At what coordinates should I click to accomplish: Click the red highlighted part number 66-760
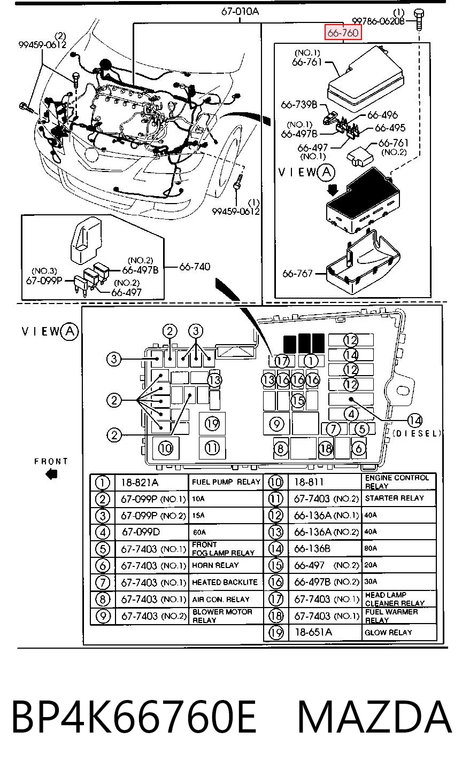pyautogui.click(x=343, y=33)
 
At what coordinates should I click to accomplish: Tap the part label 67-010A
pyautogui.click(x=240, y=12)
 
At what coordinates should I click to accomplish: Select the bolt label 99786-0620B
pyautogui.click(x=378, y=21)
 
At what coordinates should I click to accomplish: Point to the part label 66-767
pyautogui.click(x=297, y=274)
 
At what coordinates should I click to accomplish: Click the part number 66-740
pyautogui.click(x=195, y=267)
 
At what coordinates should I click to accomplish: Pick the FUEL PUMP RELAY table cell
pyautogui.click(x=226, y=482)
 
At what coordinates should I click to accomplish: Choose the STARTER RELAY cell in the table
pyautogui.click(x=394, y=498)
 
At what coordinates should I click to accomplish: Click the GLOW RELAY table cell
pyautogui.click(x=388, y=633)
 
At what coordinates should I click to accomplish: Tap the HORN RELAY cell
pyautogui.click(x=215, y=565)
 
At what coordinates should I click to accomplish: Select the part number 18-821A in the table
pyautogui.click(x=140, y=483)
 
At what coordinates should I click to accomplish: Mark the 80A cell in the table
pyautogui.click(x=371, y=548)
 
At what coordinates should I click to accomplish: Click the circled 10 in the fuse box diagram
pyautogui.click(x=165, y=448)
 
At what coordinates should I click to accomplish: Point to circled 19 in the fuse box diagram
pyautogui.click(x=212, y=423)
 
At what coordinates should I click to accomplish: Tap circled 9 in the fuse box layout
pyautogui.click(x=276, y=424)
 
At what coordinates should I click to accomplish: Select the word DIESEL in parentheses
pyautogui.click(x=417, y=433)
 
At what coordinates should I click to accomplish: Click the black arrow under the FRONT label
pyautogui.click(x=52, y=474)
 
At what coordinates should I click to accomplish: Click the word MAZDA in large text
pyautogui.click(x=375, y=716)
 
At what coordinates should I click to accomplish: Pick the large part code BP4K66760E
pyautogui.click(x=134, y=716)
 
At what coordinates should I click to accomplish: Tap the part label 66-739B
pyautogui.click(x=299, y=105)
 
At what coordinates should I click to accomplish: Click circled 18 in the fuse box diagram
pyautogui.click(x=326, y=448)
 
